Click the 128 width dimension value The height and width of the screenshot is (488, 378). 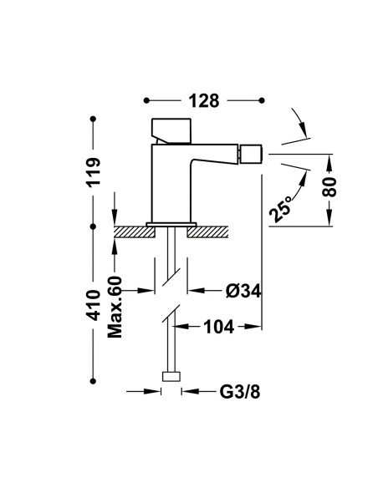[204, 101]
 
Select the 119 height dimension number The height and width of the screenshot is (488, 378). [94, 172]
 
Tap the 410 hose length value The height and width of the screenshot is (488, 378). [94, 305]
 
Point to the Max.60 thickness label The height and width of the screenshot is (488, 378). [115, 307]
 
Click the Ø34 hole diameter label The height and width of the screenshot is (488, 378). [243, 291]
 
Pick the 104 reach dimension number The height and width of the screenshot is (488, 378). [218, 327]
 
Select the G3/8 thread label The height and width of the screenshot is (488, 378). [240, 392]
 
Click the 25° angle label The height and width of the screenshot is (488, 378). [280, 209]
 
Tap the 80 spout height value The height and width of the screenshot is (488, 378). [329, 186]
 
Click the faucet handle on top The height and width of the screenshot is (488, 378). [171, 131]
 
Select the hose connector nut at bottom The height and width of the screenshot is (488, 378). [171, 376]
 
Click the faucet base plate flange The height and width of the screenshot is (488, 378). [171, 225]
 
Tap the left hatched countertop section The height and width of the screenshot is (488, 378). [135, 232]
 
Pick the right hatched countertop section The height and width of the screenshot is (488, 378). [207, 232]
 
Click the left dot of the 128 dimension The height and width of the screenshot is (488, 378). [146, 100]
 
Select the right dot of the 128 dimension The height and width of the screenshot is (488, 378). [262, 100]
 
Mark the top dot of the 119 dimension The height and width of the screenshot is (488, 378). [93, 119]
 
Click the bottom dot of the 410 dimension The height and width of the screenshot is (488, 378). [93, 381]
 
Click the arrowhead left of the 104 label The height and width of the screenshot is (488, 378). [181, 327]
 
